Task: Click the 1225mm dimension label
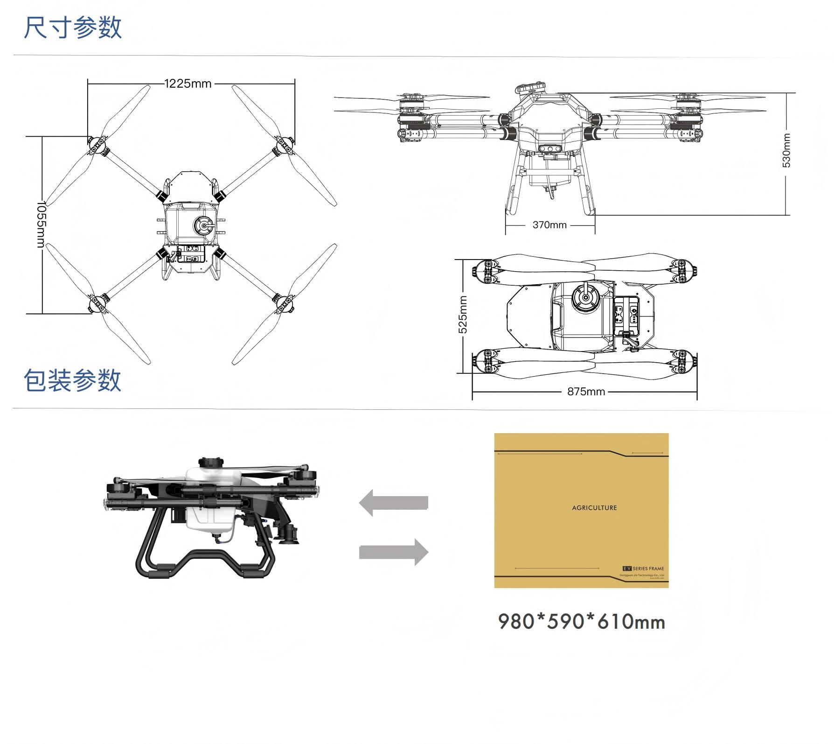point(188,84)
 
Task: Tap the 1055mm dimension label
point(41,225)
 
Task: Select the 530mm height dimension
point(786,150)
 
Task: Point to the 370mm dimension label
point(549,225)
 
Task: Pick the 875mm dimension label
point(586,392)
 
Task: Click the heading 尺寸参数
point(73,27)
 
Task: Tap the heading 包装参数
point(73,380)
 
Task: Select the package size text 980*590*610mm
point(582,622)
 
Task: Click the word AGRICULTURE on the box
point(594,508)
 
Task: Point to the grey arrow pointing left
point(394,503)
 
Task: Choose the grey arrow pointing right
point(394,552)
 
